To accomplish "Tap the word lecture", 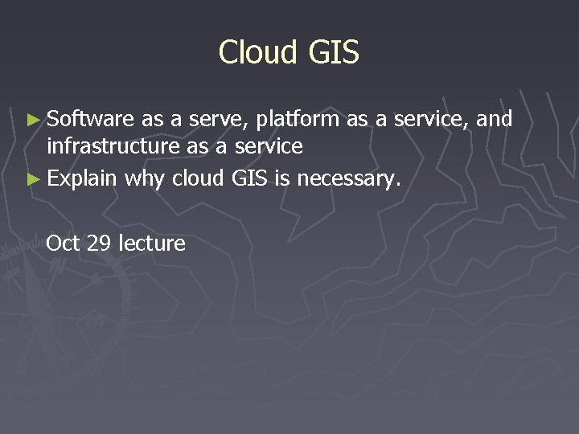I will tap(152, 243).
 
